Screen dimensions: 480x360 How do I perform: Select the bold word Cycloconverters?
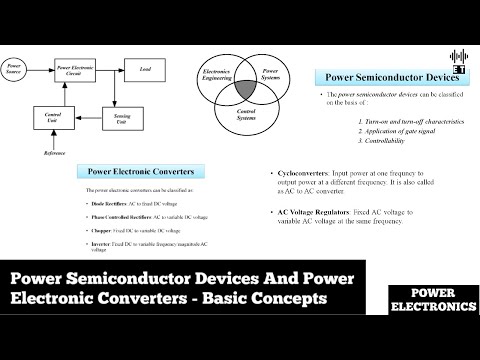[302, 173]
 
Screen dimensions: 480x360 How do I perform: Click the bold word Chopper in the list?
[103, 229]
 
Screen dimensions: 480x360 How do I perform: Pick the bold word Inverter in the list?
[103, 243]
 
